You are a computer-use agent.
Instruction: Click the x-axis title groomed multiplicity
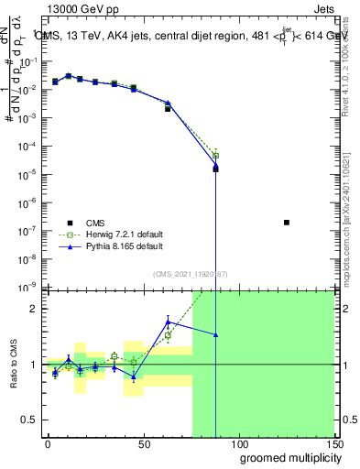[x=287, y=457]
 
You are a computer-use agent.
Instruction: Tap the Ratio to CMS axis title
[x=14, y=365]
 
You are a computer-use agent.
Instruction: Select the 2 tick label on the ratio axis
[x=35, y=309]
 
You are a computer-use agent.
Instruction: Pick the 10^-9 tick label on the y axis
[x=27, y=288]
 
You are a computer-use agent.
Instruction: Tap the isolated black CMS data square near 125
[x=287, y=223]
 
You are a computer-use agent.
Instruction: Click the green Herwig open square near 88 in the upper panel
[x=215, y=156]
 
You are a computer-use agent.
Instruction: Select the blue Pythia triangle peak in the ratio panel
[x=169, y=321]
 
